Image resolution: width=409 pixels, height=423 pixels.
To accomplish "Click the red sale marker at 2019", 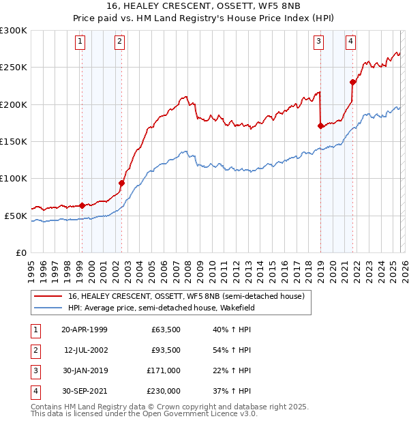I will coord(320,126).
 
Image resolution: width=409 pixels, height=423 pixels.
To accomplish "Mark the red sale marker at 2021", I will coord(352,82).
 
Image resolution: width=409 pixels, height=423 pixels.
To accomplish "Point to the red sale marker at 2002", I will coord(121,183).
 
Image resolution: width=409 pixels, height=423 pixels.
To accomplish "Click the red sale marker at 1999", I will coord(82,205).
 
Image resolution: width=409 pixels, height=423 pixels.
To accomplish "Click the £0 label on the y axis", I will coord(20,252).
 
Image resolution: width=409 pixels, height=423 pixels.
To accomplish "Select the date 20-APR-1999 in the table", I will coord(85,330).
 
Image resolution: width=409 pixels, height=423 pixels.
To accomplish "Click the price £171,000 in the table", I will coord(164,370).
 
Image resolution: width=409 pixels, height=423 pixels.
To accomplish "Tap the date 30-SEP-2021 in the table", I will coord(85,391).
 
